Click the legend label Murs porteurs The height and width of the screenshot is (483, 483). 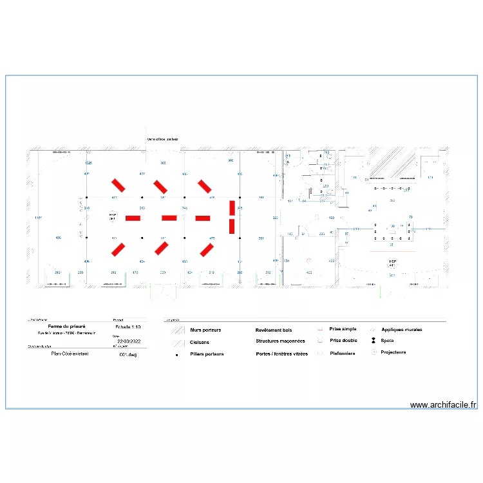[x=205, y=330]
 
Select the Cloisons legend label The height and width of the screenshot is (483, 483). [x=200, y=343]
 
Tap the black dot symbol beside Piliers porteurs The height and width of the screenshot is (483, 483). [x=176, y=354]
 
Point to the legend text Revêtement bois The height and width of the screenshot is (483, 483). [x=274, y=330]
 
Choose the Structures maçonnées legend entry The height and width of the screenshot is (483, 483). [x=280, y=341]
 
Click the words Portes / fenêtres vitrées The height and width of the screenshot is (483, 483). [x=281, y=354]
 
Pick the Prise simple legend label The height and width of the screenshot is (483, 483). [x=343, y=329]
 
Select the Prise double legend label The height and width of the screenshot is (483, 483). [x=343, y=341]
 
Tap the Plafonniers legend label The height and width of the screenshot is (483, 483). [x=343, y=353]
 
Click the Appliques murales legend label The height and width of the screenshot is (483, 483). [x=402, y=329]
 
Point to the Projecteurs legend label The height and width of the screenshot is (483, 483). [x=393, y=352]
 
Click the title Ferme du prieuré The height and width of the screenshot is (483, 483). [x=67, y=327]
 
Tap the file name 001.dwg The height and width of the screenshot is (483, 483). [x=128, y=354]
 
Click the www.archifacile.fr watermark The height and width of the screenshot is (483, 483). [x=443, y=405]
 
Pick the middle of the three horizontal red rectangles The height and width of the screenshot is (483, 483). [x=169, y=218]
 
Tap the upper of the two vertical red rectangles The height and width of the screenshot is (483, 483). [x=232, y=207]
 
